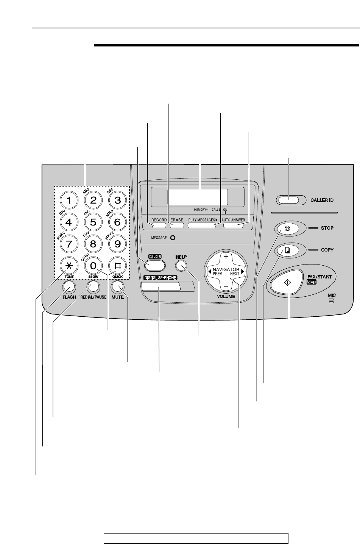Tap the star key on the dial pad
[x=69, y=265]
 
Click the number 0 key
[x=93, y=265]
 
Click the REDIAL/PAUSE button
[x=93, y=287]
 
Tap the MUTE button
[x=118, y=287]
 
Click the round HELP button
[x=181, y=266]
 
